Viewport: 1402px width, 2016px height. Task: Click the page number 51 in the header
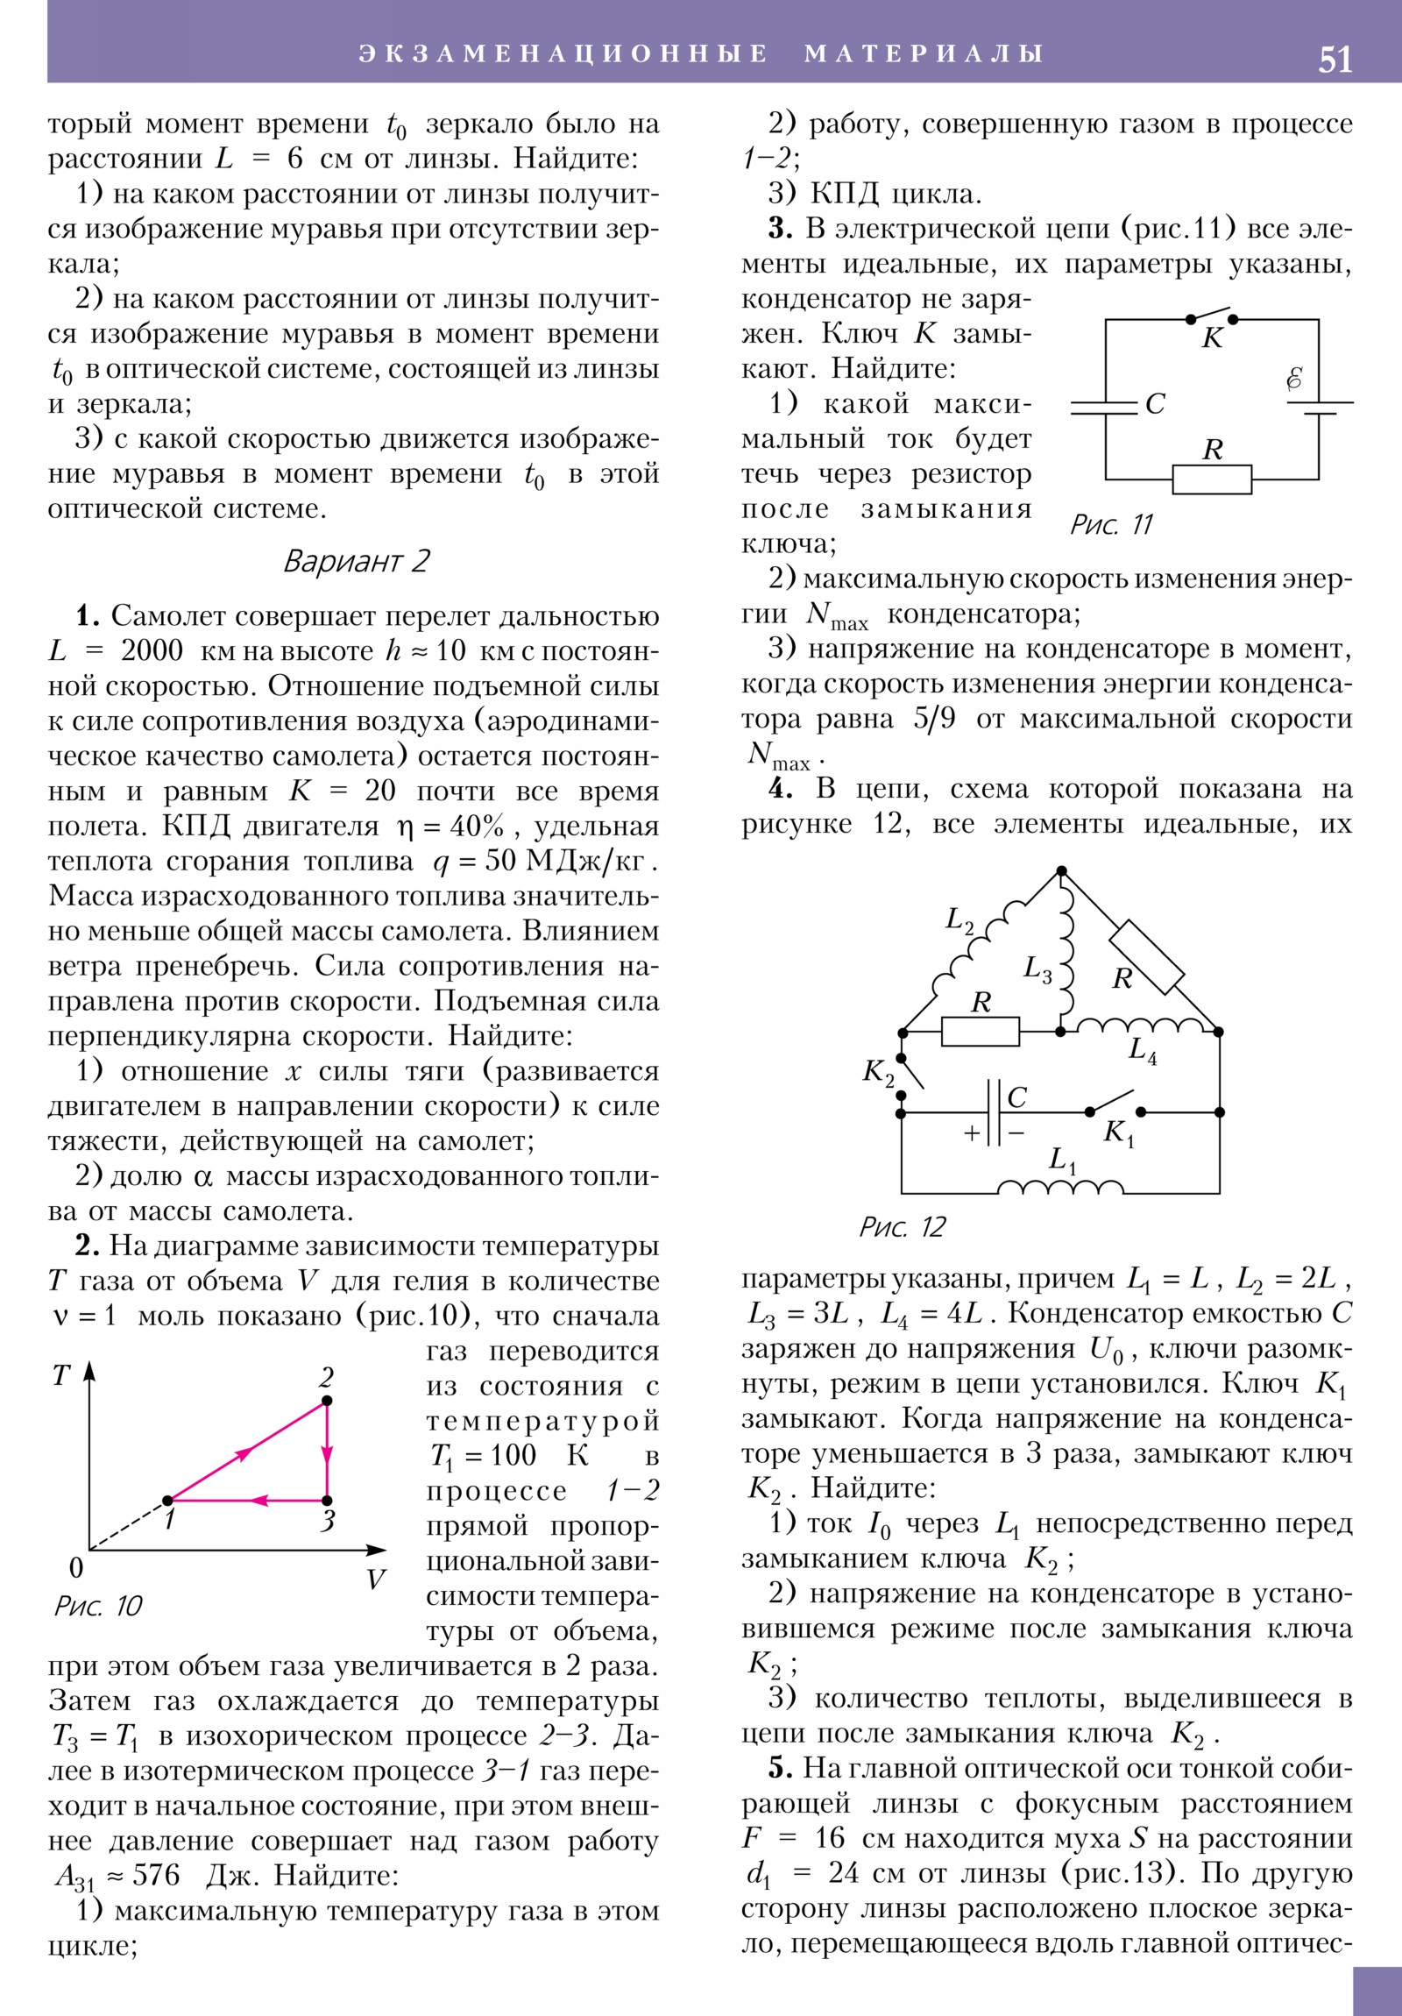pyautogui.click(x=1335, y=60)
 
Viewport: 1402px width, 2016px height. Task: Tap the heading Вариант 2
pyautogui.click(x=357, y=561)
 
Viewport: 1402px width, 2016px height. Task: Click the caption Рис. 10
pyautogui.click(x=97, y=1606)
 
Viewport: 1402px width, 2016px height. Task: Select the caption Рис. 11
pyautogui.click(x=1110, y=525)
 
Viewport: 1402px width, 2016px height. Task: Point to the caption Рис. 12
pyautogui.click(x=902, y=1226)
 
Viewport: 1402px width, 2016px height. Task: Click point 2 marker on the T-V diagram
pyautogui.click(x=327, y=1401)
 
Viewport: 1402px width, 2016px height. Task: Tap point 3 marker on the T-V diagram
pyautogui.click(x=327, y=1501)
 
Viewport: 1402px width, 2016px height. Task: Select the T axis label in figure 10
pyautogui.click(x=60, y=1376)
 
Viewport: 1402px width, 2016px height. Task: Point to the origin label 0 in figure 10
pyautogui.click(x=76, y=1568)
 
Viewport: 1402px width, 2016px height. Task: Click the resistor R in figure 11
pyautogui.click(x=1212, y=479)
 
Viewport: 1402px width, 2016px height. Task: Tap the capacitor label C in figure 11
pyautogui.click(x=1155, y=404)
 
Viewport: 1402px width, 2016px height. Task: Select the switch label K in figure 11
pyautogui.click(x=1213, y=338)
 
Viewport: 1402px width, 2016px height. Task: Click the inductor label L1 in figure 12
pyautogui.click(x=1062, y=1161)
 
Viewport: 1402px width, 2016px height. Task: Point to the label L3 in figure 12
pyautogui.click(x=1037, y=969)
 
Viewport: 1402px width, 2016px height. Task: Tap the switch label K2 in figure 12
pyautogui.click(x=878, y=1072)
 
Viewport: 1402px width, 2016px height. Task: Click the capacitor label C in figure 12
pyautogui.click(x=1016, y=1097)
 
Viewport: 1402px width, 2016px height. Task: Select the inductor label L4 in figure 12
pyautogui.click(x=1142, y=1050)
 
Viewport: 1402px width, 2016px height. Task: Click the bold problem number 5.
pyautogui.click(x=781, y=1769)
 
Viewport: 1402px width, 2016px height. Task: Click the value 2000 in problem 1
pyautogui.click(x=151, y=651)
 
